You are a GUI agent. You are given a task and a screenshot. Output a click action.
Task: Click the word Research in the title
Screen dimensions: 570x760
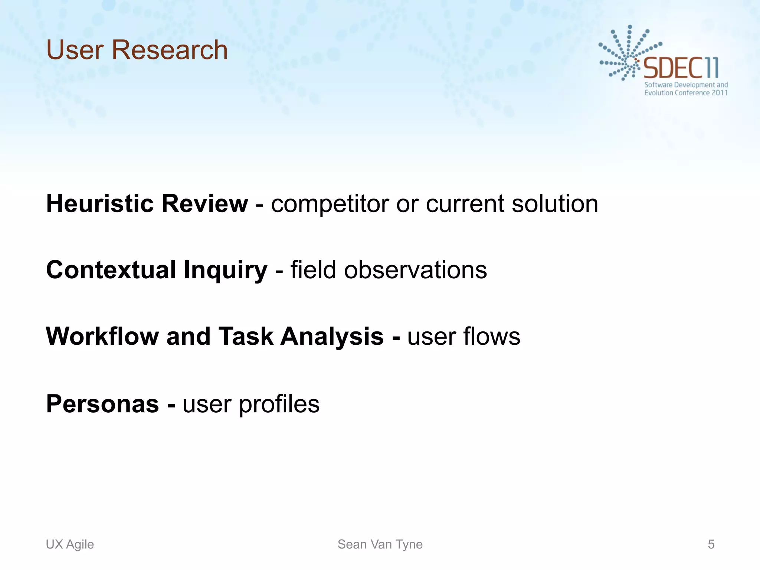[x=170, y=50]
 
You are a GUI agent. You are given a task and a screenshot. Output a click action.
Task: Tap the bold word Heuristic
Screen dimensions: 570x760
[x=99, y=204]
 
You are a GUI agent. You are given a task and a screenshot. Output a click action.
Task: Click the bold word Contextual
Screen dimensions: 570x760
[x=111, y=270]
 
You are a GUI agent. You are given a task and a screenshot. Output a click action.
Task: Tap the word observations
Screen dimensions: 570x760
[x=415, y=270]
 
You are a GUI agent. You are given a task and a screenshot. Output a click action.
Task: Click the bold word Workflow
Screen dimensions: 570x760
[x=102, y=336]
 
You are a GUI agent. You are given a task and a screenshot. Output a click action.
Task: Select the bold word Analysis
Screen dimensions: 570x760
[x=332, y=337]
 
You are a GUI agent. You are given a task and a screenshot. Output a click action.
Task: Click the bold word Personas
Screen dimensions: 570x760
[x=102, y=404]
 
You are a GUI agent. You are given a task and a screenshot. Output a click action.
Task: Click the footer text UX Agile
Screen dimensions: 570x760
[x=70, y=544]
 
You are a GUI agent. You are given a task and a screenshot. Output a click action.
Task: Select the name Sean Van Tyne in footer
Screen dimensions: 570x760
[x=380, y=544]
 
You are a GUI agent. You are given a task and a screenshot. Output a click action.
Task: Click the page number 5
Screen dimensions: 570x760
[x=711, y=544]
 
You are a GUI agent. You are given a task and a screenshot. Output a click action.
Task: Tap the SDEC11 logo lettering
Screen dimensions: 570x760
[x=681, y=68]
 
